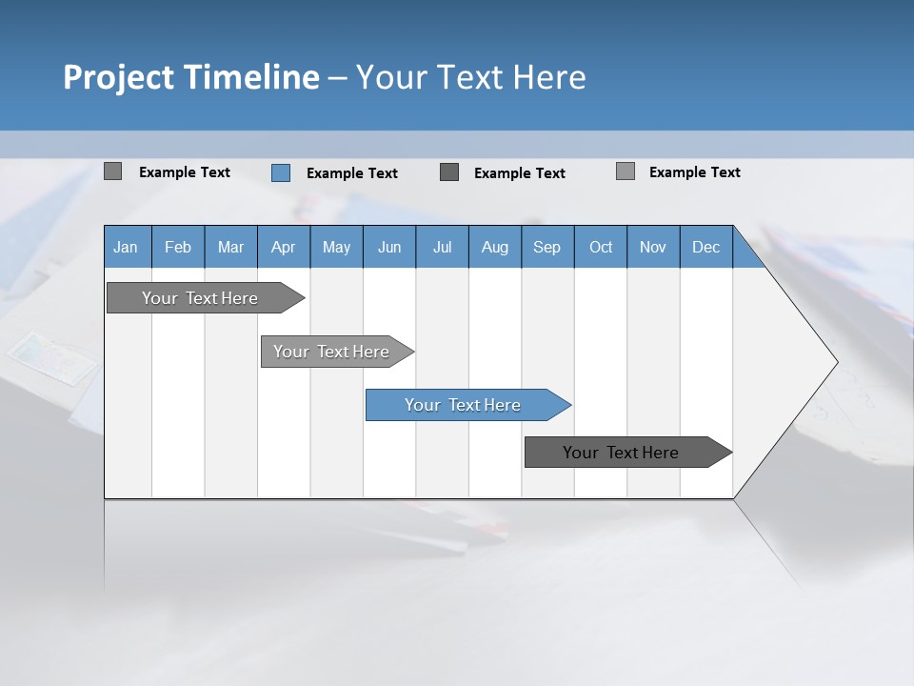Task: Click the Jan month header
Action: [x=126, y=247]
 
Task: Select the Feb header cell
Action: [x=178, y=247]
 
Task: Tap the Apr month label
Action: [x=283, y=247]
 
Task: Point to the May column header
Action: [x=336, y=247]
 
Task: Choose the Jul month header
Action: [x=442, y=247]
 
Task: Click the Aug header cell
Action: [x=494, y=247]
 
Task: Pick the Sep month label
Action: [x=546, y=247]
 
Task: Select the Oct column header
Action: [x=601, y=247]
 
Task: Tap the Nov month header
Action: [x=653, y=247]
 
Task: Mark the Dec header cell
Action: [x=705, y=247]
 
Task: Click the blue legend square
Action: [x=281, y=172]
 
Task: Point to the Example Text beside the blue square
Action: [x=351, y=173]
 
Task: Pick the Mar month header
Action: [x=230, y=247]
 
